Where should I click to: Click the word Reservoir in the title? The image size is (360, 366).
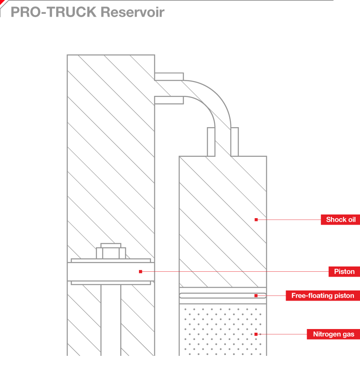point(132,12)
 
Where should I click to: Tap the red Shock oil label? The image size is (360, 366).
point(340,220)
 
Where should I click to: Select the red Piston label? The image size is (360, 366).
point(344,272)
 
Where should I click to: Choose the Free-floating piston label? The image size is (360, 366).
point(323,296)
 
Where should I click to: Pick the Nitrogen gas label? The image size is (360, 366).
point(333,334)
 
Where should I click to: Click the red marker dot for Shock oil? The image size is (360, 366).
point(256,220)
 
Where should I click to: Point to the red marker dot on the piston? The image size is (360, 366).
point(141,271)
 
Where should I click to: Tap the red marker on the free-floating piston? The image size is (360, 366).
point(256,296)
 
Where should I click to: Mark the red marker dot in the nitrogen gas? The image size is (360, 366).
point(256,334)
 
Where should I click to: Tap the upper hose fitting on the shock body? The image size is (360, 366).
point(169,76)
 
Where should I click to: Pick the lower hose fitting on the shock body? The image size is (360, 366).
point(169,100)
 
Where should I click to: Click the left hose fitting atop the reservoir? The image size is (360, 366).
point(211,142)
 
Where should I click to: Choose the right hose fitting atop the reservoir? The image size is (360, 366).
point(234,142)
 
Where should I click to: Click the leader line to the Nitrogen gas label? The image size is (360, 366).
point(284,334)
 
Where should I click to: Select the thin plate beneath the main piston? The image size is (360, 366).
point(111,283)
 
